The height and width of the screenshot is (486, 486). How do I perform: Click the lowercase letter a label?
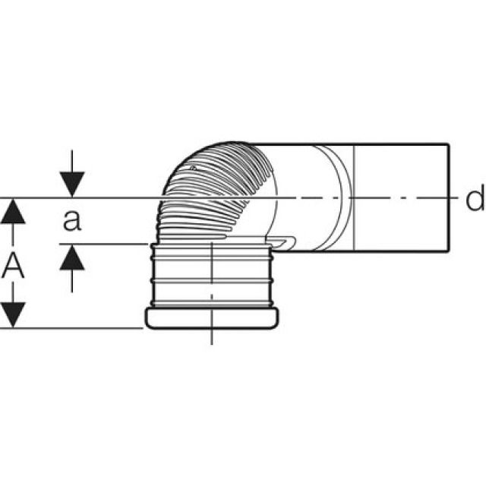71,220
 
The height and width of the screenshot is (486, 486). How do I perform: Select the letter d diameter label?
475,200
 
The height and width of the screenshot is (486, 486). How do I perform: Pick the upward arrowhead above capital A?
14,211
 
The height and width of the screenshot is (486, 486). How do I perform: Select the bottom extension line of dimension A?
76,328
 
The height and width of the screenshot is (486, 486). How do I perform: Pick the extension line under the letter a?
106,244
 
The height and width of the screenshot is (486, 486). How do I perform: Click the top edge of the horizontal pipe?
364,144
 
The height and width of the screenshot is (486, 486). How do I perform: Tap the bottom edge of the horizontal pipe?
364,253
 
